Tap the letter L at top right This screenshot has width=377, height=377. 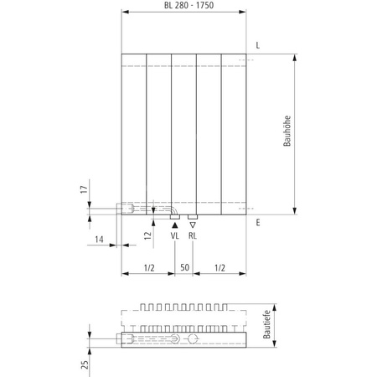click(x=257, y=44)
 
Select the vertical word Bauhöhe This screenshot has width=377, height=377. click(x=287, y=132)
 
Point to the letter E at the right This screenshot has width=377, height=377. click(x=257, y=223)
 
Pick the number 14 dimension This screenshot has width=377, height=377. click(x=100, y=240)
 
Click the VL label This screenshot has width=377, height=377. click(x=174, y=237)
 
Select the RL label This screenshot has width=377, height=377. click(x=193, y=237)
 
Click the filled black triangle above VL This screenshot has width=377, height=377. click(x=174, y=224)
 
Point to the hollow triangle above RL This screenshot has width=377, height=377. click(x=193, y=224)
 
